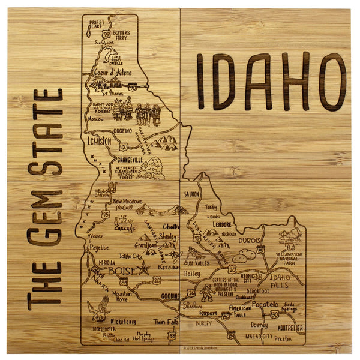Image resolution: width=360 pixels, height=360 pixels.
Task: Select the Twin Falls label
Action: pyautogui.click(x=165, y=322)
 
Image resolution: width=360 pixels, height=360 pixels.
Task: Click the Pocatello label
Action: pyautogui.click(x=265, y=305)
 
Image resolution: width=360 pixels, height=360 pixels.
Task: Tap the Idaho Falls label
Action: pyautogui.click(x=279, y=281)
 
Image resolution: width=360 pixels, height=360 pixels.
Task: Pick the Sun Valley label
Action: pyautogui.click(x=197, y=263)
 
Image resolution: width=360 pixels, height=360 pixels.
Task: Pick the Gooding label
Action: pyautogui.click(x=170, y=296)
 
